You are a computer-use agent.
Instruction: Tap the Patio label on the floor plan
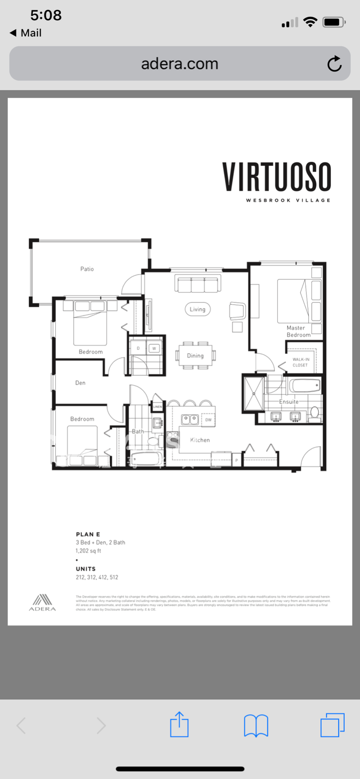tap(87, 269)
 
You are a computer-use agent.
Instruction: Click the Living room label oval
tap(198, 309)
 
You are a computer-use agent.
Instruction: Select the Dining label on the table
tap(195, 356)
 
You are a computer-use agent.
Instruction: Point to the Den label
tap(80, 383)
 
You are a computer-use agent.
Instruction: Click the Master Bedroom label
tap(298, 331)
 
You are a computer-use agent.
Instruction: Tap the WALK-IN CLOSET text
tap(301, 362)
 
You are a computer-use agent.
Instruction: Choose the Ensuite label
tap(288, 402)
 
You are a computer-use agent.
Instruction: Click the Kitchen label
tap(200, 440)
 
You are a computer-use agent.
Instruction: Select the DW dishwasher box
tap(208, 420)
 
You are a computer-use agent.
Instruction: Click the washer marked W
tap(154, 348)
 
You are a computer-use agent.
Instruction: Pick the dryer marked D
tap(138, 348)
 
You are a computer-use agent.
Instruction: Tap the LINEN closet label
tap(157, 407)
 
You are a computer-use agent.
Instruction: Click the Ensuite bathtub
tap(305, 386)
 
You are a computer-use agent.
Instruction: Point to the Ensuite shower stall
tap(254, 394)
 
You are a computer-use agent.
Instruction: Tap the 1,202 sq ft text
tap(89, 551)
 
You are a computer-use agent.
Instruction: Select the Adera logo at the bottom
tap(43, 602)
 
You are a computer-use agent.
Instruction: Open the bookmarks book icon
tap(256, 725)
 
